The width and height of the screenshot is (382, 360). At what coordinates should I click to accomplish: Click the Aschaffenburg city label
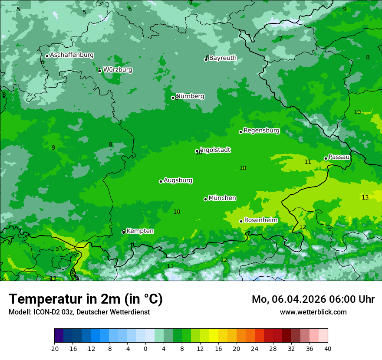72,55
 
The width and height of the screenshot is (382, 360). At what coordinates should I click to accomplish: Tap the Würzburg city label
118,70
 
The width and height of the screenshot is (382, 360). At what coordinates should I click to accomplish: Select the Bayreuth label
223,58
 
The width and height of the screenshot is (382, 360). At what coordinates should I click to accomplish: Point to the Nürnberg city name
190,96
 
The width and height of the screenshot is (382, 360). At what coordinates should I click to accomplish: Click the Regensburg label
261,131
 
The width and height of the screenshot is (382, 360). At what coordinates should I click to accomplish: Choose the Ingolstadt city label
215,150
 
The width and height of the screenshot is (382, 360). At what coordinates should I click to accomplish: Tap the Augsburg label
178,180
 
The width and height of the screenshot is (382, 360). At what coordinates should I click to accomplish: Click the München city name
222,198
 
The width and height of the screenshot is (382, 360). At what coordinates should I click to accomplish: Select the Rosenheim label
261,220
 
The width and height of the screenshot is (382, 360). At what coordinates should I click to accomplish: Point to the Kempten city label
140,231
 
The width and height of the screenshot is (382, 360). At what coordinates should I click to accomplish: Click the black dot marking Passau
326,159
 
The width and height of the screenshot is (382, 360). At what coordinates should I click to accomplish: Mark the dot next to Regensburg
240,132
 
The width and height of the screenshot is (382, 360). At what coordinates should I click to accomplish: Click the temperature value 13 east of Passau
365,197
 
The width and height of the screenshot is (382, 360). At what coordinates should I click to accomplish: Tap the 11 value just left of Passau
308,162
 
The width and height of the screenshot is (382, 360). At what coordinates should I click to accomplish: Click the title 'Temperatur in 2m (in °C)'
86,299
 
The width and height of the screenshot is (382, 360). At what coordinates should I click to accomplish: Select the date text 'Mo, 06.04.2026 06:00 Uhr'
313,299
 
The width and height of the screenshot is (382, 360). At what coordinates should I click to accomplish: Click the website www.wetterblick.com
313,312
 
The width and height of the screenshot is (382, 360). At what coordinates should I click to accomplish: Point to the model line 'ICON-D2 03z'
79,312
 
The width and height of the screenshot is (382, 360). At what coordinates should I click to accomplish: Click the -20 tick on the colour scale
54,348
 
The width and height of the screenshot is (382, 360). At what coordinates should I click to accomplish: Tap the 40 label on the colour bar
327,348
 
